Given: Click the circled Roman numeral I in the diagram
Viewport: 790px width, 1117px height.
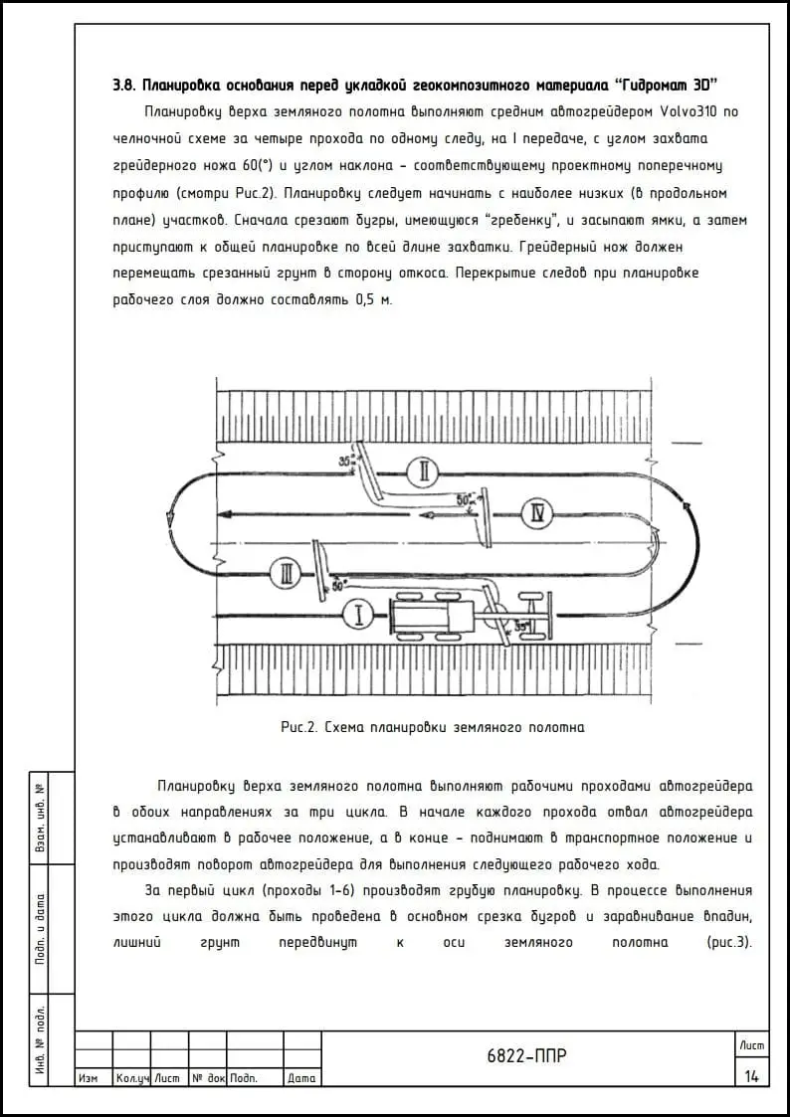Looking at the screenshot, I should [358, 616].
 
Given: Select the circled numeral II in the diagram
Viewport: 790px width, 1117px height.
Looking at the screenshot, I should [423, 471].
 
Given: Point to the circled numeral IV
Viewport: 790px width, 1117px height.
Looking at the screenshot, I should [537, 513].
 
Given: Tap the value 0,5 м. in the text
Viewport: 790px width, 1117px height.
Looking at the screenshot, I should [375, 298].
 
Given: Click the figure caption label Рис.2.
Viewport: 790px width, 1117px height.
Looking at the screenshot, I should [298, 727].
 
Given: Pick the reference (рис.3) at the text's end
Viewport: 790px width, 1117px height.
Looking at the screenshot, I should [728, 942].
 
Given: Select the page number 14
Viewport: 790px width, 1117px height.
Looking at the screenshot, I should [751, 1075].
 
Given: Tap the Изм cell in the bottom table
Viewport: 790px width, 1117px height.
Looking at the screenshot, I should [89, 1078].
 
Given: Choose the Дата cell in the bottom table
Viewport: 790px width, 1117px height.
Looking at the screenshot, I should [301, 1078].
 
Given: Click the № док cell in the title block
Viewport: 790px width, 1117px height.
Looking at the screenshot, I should [208, 1078].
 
